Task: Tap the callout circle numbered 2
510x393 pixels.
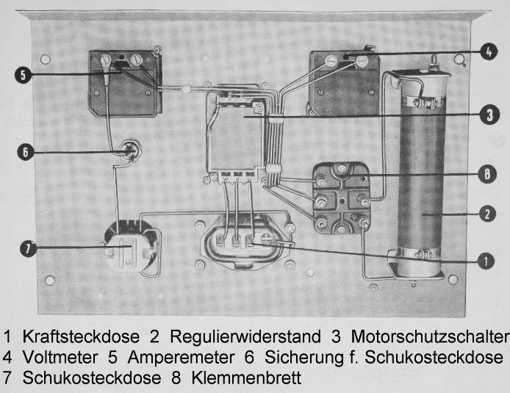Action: point(486,215)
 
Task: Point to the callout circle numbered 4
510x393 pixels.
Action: point(486,51)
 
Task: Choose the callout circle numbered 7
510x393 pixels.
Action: point(24,248)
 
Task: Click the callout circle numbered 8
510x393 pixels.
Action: point(486,175)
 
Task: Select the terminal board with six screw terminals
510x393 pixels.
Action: point(340,198)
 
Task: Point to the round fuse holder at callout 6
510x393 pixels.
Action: point(130,152)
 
